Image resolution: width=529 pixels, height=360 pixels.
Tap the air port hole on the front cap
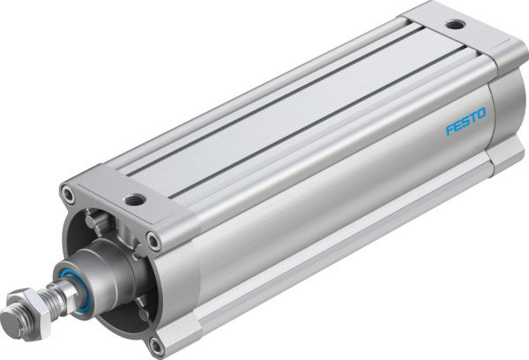(x=134, y=199)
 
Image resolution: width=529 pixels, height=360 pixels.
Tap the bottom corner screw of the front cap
(x=156, y=342)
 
